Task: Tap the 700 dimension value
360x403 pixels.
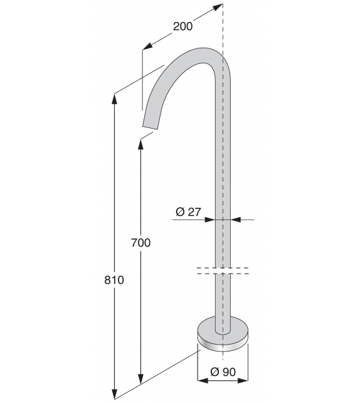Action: coord(140,243)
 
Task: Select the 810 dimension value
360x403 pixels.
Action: coord(114,280)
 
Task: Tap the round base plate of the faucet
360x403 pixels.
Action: coord(223,333)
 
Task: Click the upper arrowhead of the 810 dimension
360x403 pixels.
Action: coord(114,99)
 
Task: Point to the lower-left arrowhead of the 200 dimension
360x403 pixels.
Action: coord(147,47)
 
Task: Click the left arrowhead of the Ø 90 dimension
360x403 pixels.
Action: coord(201,380)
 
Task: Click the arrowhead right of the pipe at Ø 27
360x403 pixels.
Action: coord(235,220)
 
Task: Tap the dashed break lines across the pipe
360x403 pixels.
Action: coord(223,271)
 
